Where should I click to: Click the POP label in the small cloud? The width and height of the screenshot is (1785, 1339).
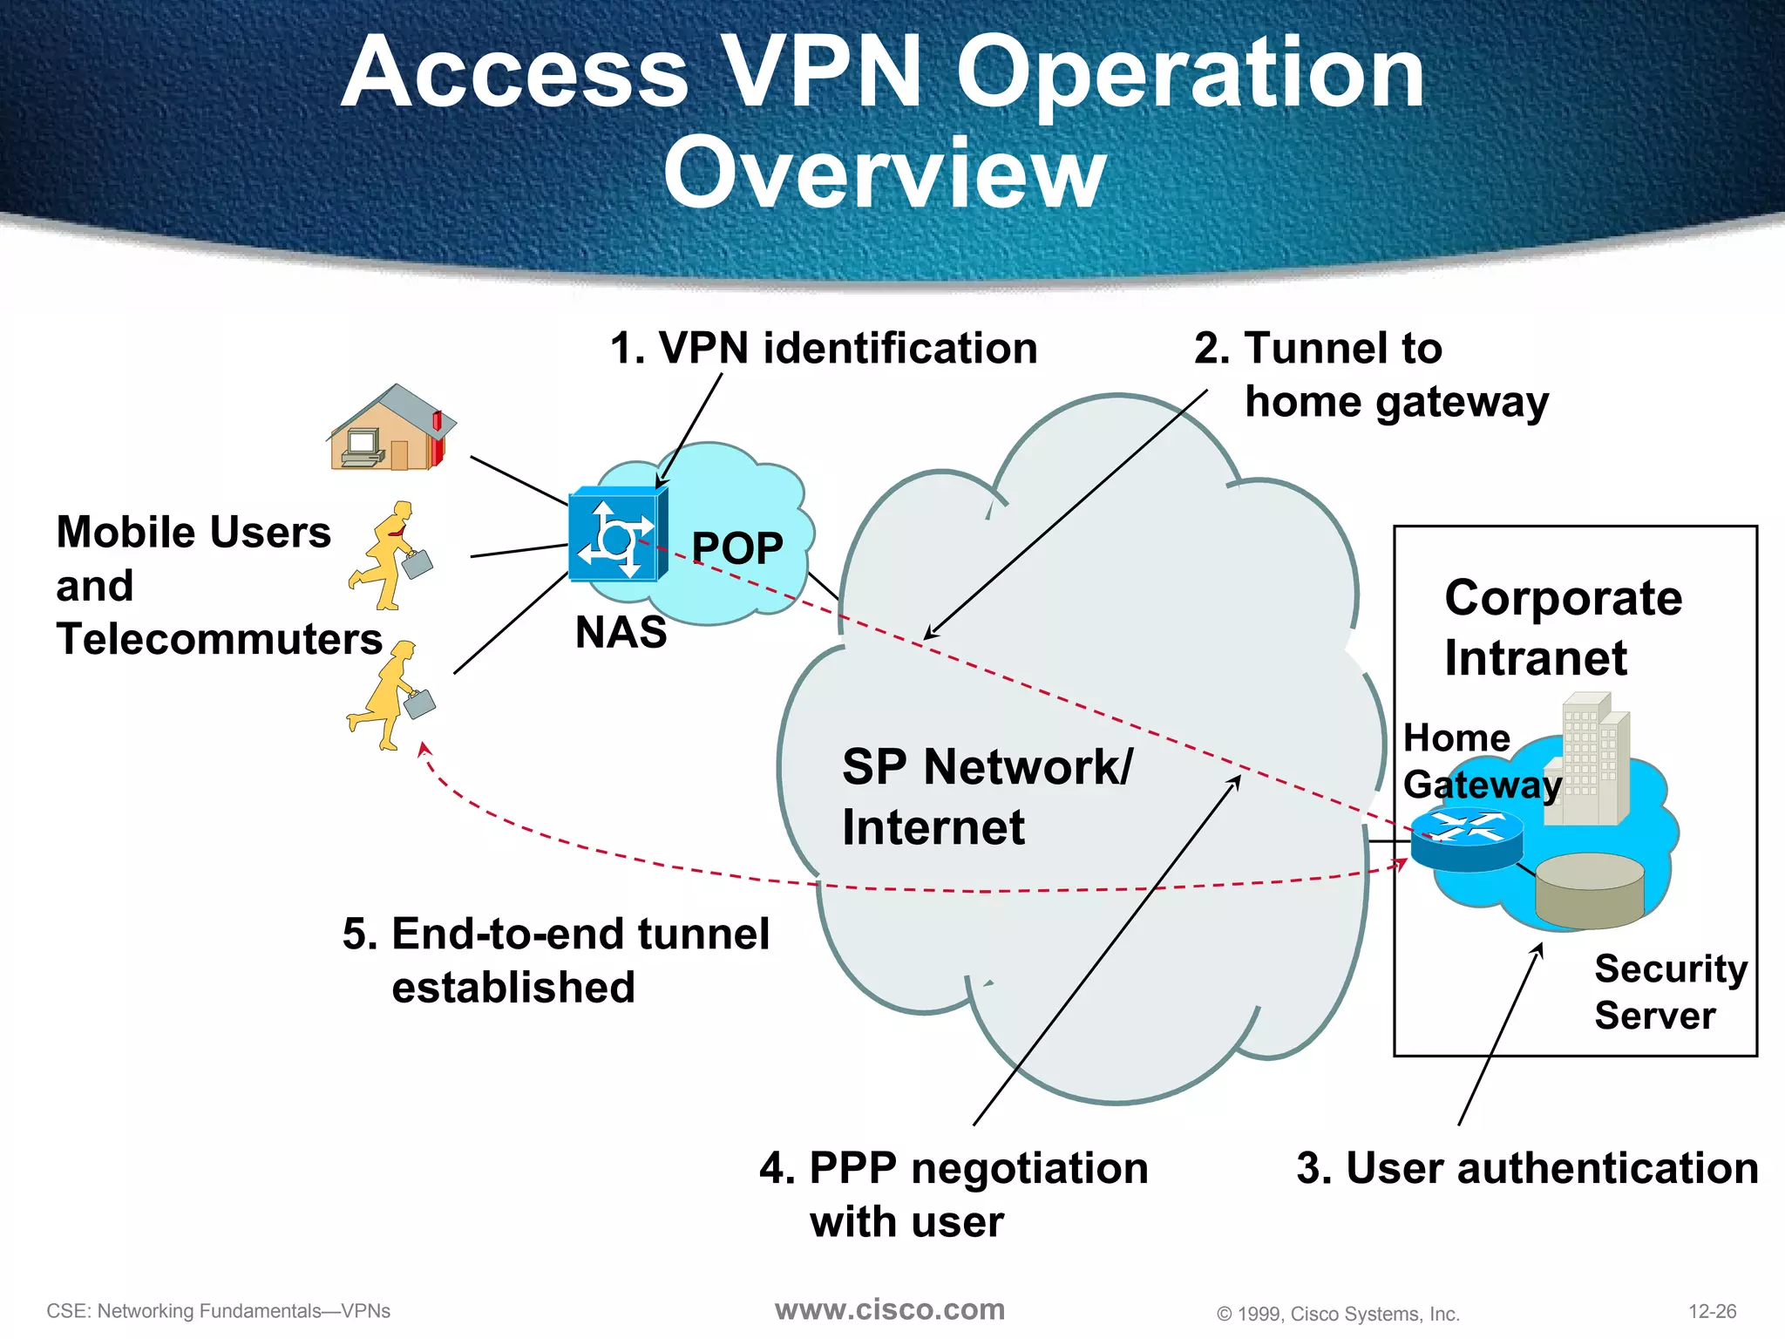click(x=736, y=548)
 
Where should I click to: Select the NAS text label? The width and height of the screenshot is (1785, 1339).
click(x=621, y=632)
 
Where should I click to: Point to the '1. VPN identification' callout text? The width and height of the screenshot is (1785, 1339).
click(x=824, y=348)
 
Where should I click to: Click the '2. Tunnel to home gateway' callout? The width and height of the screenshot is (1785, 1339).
click(x=1370, y=375)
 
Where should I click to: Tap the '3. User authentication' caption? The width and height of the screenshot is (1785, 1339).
click(x=1527, y=1168)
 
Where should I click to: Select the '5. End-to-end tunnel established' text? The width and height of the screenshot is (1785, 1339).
click(x=555, y=960)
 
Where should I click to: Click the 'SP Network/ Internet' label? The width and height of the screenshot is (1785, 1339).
click(x=987, y=796)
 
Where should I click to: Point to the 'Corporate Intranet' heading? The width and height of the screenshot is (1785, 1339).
click(x=1563, y=627)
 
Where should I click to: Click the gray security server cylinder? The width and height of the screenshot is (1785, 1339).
click(x=1589, y=890)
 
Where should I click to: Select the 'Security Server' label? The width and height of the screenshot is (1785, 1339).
click(x=1670, y=992)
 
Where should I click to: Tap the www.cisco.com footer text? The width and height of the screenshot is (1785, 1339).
click(x=890, y=1309)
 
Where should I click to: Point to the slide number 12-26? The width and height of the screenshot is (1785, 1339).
click(x=1712, y=1311)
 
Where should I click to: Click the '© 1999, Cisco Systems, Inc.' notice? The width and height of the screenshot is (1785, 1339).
click(x=1338, y=1314)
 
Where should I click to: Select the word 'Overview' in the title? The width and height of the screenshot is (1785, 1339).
click(x=885, y=173)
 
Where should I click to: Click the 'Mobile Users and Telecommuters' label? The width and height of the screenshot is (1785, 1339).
click(x=218, y=585)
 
